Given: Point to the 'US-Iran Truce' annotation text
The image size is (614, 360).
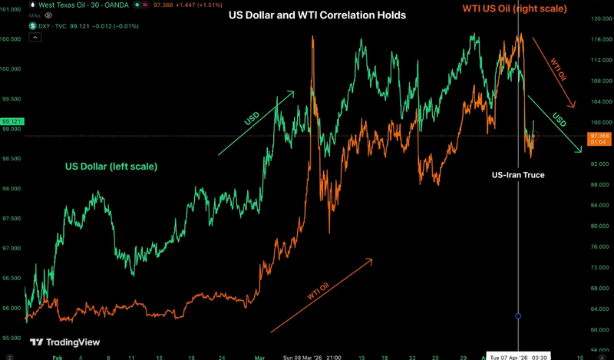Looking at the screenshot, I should tap(518, 175).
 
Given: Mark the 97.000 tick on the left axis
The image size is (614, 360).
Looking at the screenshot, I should tap(11, 249).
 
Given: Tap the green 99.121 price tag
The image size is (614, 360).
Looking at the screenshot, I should tap(12, 121).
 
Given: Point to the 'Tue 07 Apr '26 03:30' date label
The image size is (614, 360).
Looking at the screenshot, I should tap(519, 356).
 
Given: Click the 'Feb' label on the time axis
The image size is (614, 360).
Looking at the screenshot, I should tap(55, 356).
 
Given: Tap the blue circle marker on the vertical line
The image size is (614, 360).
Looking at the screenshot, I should tap(519, 316).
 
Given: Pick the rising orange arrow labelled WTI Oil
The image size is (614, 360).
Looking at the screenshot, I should tap(321, 296).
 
